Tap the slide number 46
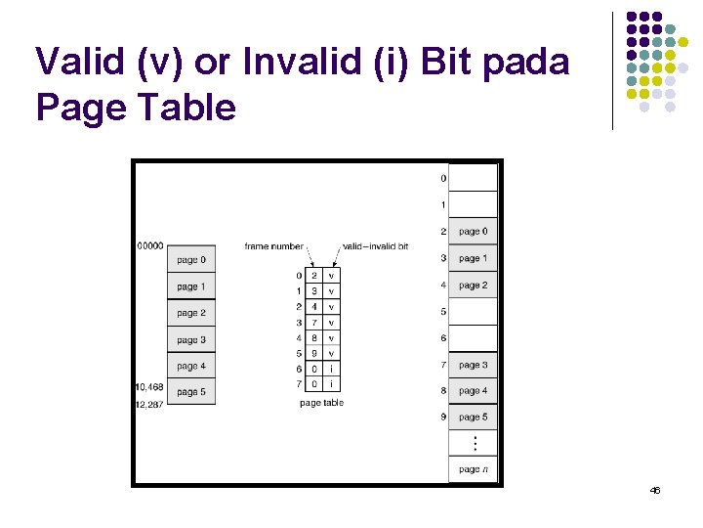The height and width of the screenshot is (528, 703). point(654,490)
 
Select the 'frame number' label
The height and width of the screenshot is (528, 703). point(275,246)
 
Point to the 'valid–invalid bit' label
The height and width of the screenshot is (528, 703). point(376,246)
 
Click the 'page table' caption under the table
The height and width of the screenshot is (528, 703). point(321,403)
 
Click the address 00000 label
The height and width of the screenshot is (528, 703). point(150,245)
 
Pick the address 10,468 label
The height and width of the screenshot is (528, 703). point(149,387)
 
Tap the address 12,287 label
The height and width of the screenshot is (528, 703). point(149,403)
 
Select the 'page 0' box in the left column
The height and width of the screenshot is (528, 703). point(191,260)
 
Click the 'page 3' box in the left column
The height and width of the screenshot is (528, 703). point(191,339)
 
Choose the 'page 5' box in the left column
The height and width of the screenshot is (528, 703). point(191,392)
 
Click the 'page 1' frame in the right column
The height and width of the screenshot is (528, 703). point(473,258)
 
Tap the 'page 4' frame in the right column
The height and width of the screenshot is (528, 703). point(473,391)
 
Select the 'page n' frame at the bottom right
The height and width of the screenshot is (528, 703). point(473,469)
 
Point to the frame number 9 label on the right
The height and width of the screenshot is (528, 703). point(442,418)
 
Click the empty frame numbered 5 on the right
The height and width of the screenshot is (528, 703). point(473,312)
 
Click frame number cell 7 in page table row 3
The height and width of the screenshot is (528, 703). point(313,323)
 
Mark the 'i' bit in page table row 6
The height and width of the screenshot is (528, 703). point(332,369)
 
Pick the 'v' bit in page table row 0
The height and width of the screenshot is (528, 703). point(332,276)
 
